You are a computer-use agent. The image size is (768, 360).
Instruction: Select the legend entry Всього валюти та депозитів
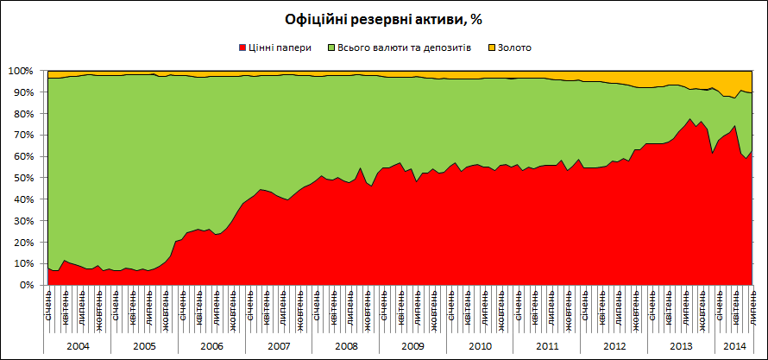click(404, 47)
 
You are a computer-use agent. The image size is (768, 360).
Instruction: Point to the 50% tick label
click(22, 178)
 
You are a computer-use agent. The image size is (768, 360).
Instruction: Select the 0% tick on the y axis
click(25, 285)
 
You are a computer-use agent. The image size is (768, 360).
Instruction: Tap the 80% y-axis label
click(22, 114)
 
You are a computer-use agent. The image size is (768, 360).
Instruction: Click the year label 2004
click(78, 345)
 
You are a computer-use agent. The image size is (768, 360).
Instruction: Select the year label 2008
click(345, 345)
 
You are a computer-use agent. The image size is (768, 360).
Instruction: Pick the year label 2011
click(546, 345)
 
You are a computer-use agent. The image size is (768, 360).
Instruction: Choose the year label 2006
click(211, 345)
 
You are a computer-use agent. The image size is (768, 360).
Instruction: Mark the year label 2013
click(681, 345)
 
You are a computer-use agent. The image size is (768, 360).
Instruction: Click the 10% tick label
click(22, 263)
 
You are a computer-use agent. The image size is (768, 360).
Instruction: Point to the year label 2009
click(412, 345)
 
